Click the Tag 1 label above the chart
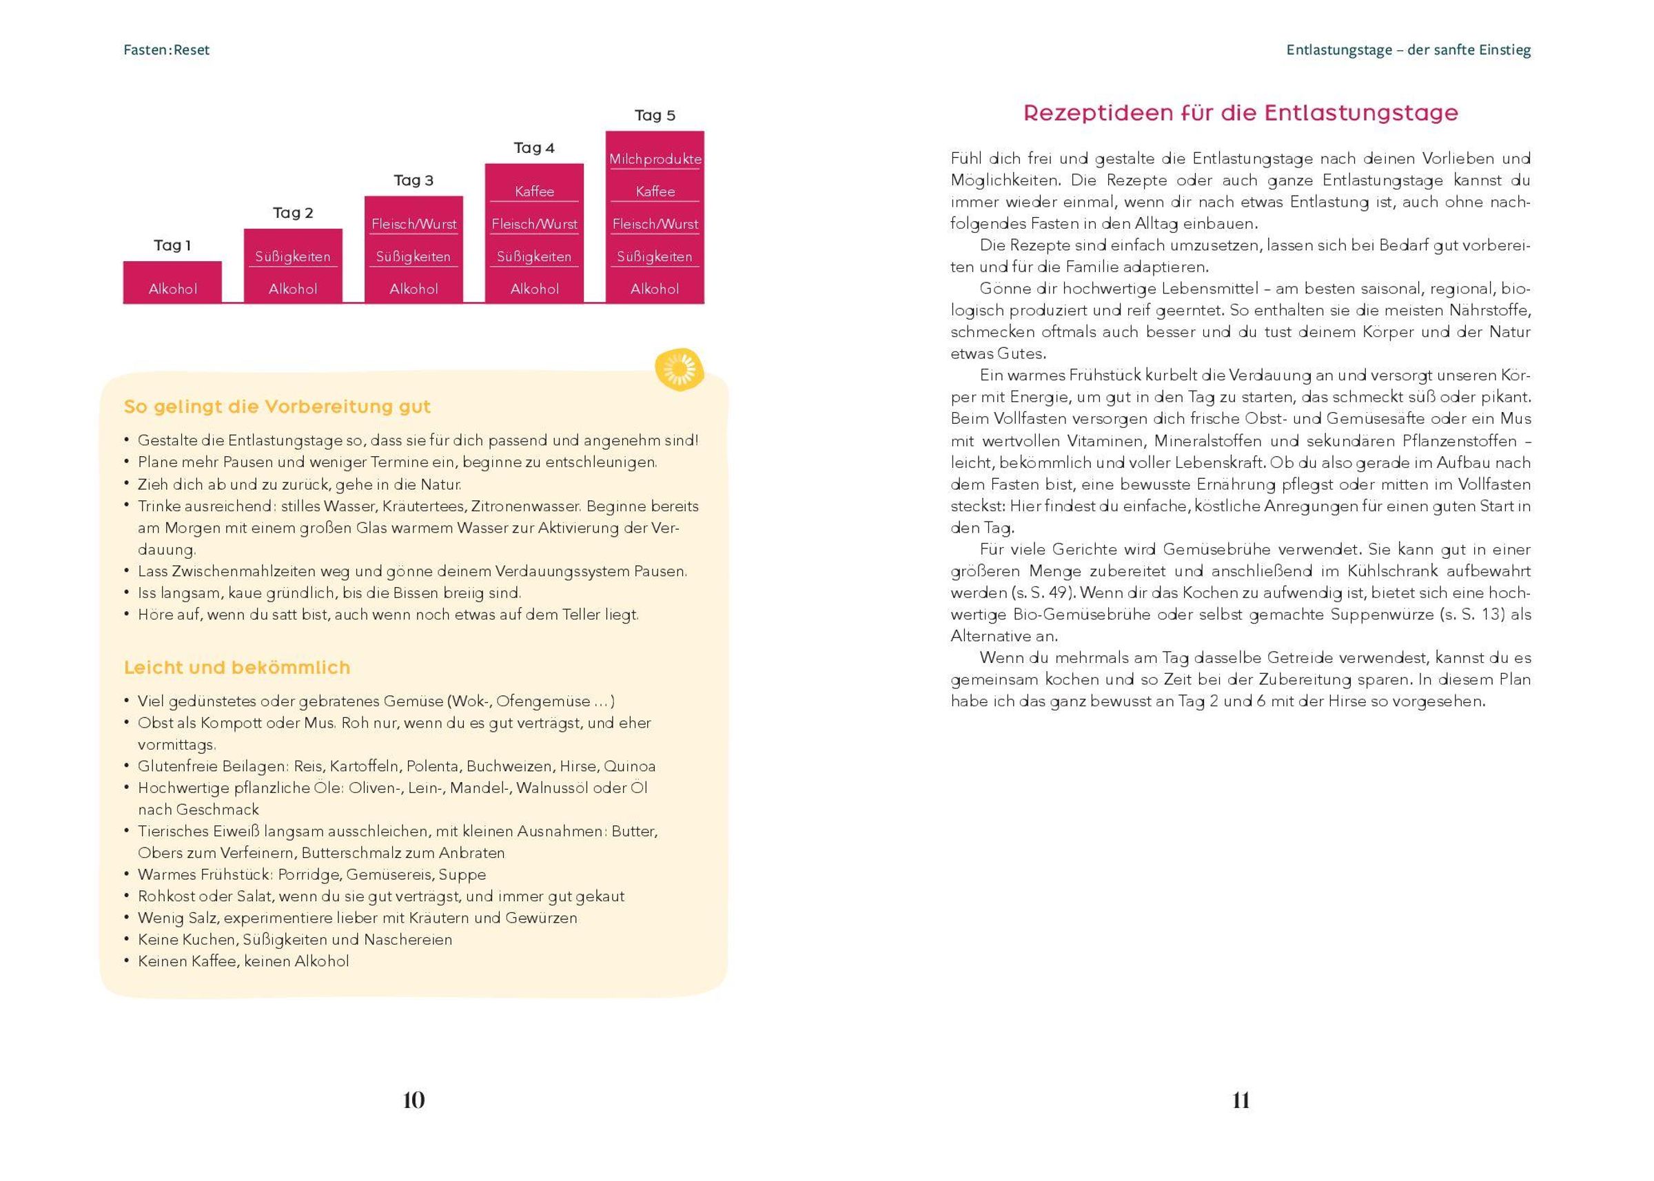[x=172, y=246]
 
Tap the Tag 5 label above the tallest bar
[x=655, y=116]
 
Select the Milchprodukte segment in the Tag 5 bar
[x=655, y=159]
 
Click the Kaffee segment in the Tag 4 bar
[x=534, y=192]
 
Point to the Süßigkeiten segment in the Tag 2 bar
[x=292, y=257]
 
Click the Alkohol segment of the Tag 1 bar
[x=172, y=289]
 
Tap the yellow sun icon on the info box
[x=680, y=369]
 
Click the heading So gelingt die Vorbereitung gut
[x=277, y=407]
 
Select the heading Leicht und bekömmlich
[x=237, y=668]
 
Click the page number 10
[x=413, y=1100]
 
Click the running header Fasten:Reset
[x=167, y=50]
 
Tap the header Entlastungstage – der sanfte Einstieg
[x=1408, y=50]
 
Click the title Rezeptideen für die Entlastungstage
[x=1240, y=113]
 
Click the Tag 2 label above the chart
[x=293, y=213]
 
